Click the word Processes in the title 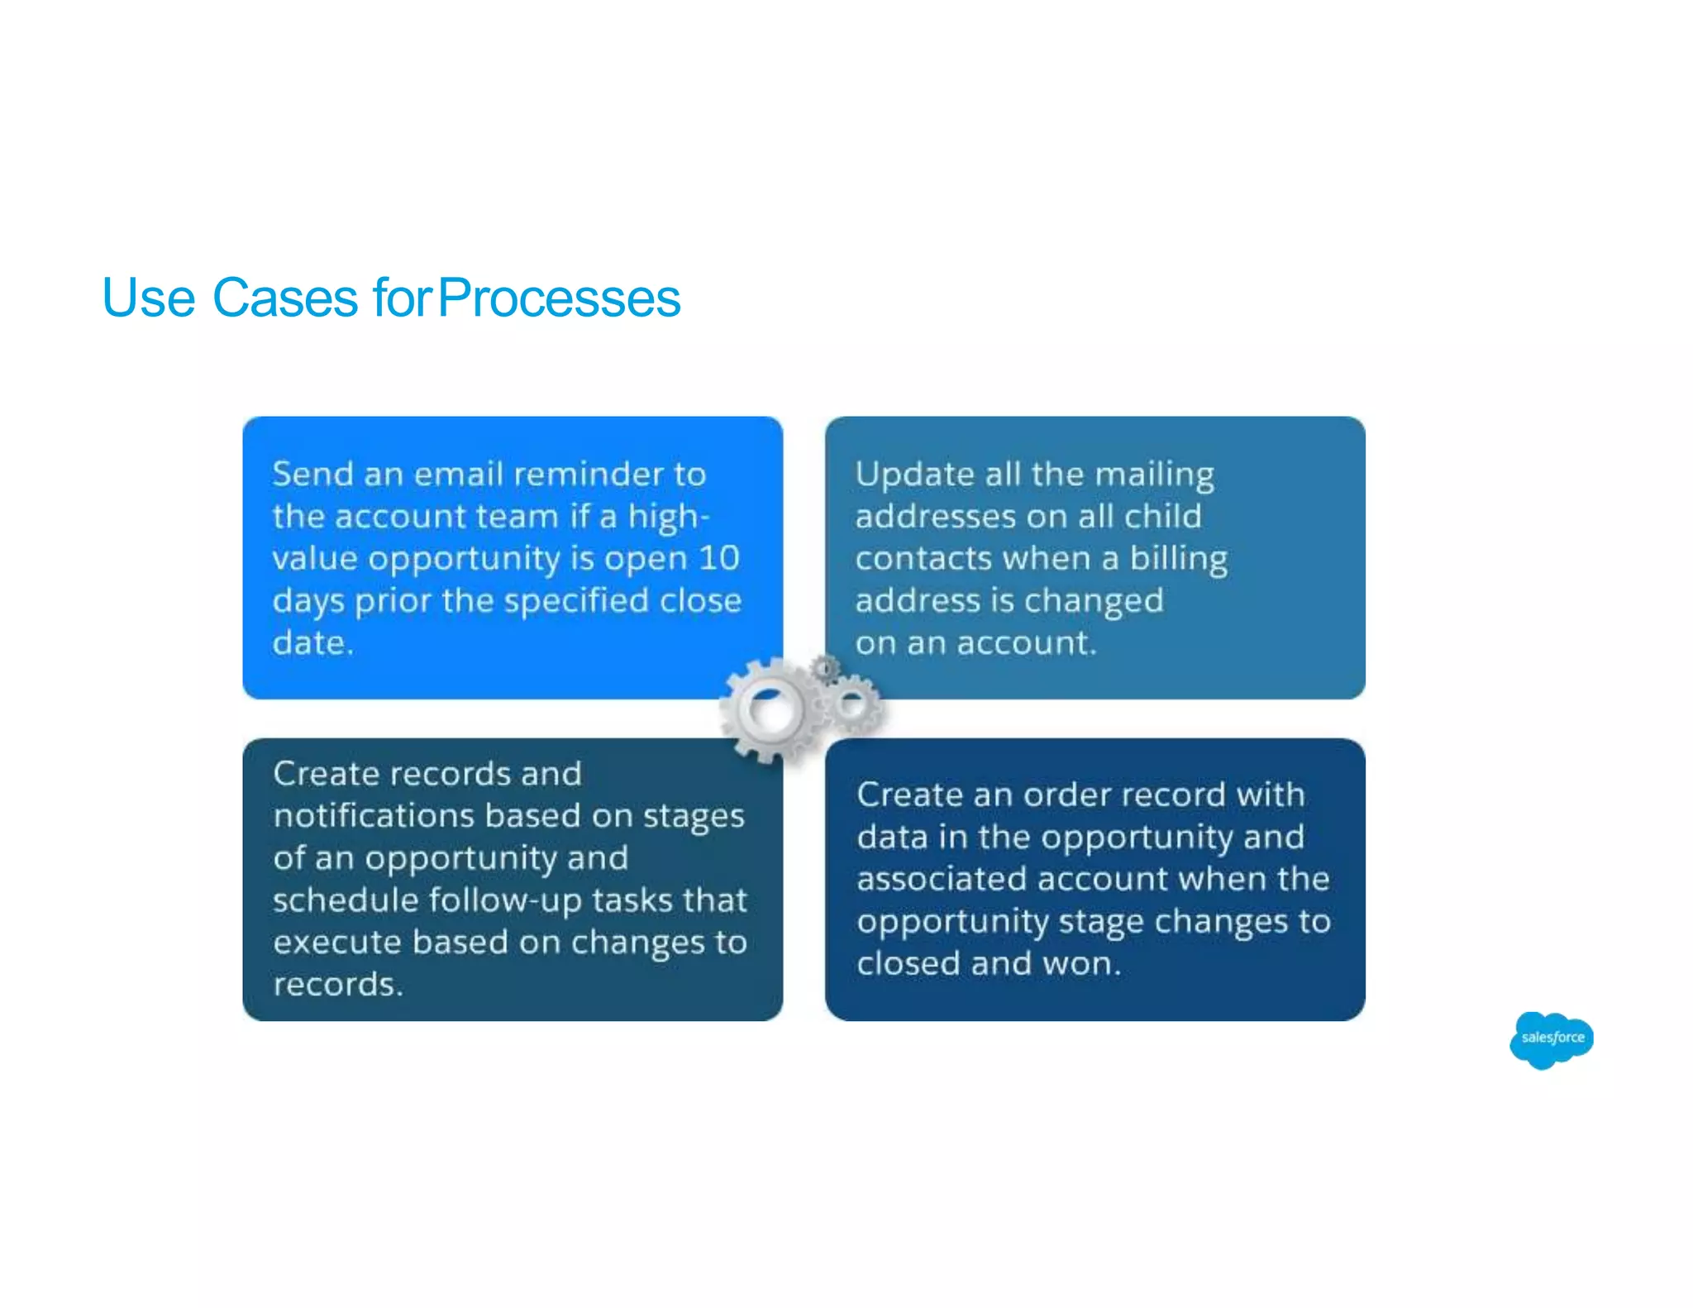[x=559, y=298]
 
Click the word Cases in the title [x=284, y=298]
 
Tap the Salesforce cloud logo [x=1551, y=1038]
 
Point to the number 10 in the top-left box [x=718, y=558]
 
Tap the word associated [x=941, y=879]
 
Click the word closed [x=908, y=963]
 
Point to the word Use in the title [x=149, y=298]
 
